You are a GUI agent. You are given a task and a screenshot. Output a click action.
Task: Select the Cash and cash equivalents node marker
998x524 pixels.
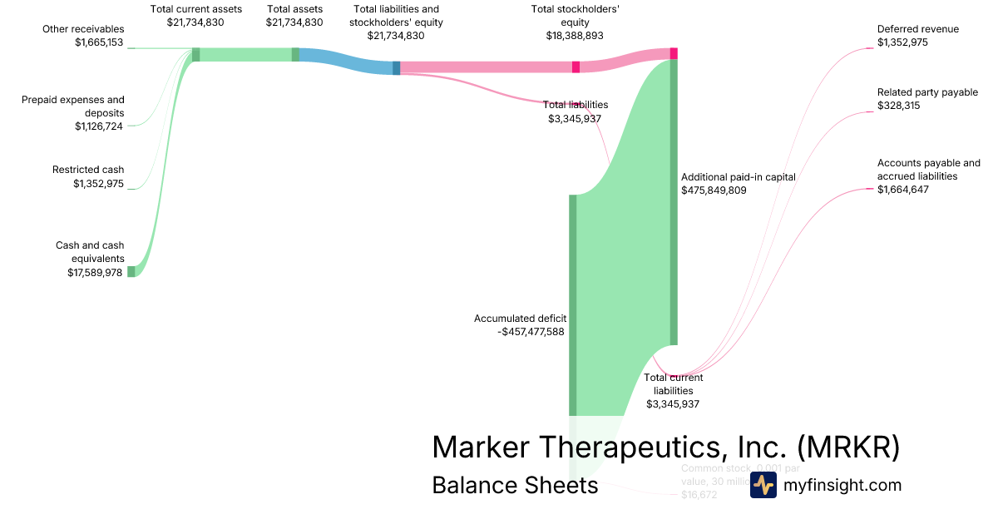[131, 271]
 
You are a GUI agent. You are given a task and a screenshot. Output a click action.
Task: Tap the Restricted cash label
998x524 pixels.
[88, 170]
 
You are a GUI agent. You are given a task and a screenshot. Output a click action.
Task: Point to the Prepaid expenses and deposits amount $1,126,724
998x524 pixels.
[99, 126]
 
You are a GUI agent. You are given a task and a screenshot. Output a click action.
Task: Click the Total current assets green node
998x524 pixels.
[195, 54]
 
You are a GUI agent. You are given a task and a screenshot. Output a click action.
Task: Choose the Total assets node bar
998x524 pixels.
[295, 54]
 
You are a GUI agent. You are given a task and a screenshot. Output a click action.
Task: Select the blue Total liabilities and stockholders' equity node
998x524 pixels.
[397, 68]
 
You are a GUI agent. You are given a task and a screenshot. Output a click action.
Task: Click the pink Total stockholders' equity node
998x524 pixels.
[576, 67]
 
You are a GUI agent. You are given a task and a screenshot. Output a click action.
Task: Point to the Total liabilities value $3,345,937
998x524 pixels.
[575, 119]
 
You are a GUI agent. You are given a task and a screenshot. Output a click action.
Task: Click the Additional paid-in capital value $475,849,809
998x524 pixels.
[714, 190]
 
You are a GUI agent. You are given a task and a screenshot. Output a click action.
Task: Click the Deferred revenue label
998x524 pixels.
[917, 29]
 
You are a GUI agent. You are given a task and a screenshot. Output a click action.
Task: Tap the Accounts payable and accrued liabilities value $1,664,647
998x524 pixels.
[903, 190]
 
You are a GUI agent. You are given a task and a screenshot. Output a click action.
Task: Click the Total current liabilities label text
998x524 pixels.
[673, 384]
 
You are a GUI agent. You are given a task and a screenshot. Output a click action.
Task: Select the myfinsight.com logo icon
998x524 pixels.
[763, 485]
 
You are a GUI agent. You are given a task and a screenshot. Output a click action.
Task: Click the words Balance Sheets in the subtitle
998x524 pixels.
[515, 485]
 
